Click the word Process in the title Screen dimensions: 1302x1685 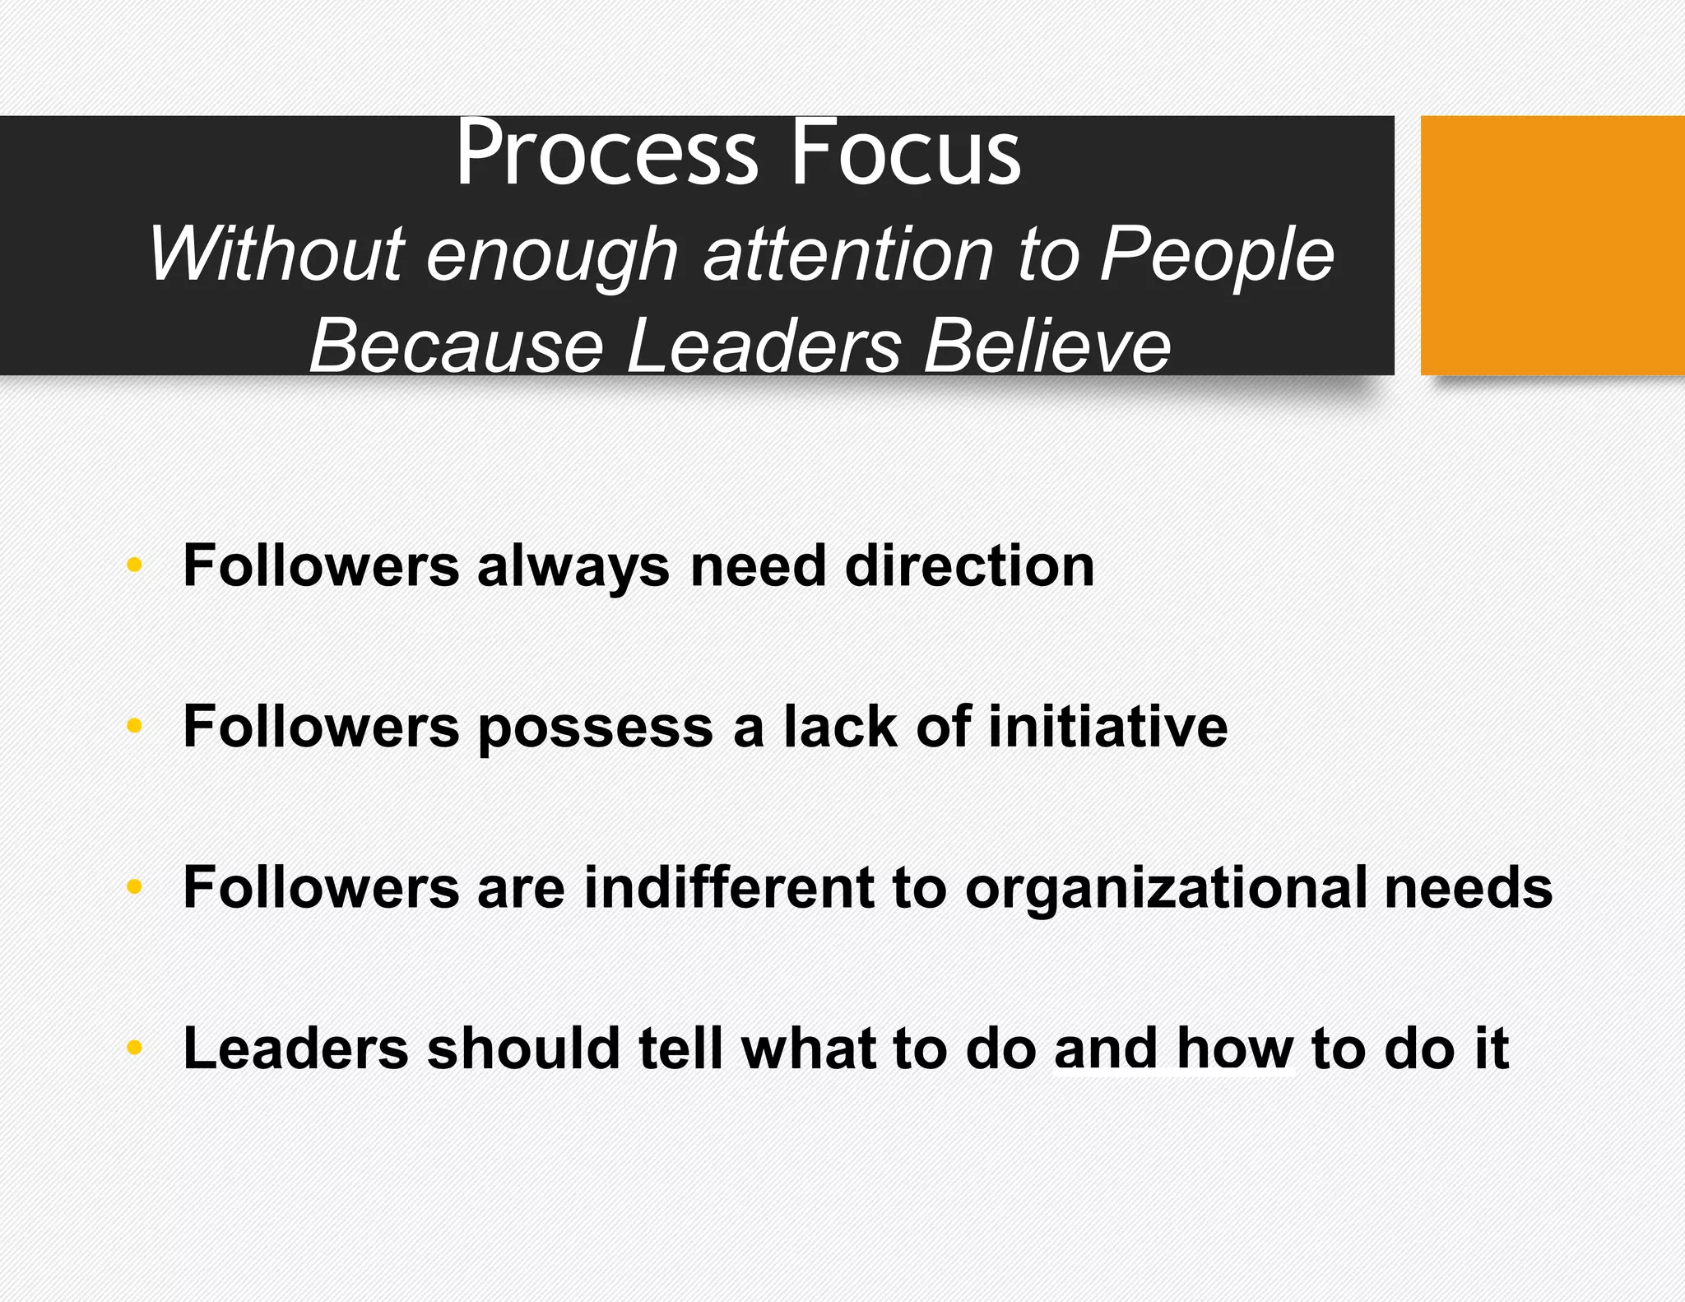(x=606, y=154)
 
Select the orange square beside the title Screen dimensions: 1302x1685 (x=1552, y=245)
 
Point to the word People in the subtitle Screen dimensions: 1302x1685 (x=1217, y=256)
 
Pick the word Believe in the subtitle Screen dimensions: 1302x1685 (x=1047, y=346)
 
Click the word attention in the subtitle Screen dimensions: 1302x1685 (x=849, y=254)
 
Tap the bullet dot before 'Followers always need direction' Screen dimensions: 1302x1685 (x=135, y=565)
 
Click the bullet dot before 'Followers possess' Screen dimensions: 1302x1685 (x=135, y=726)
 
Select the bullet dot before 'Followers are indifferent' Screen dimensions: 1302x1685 (x=135, y=887)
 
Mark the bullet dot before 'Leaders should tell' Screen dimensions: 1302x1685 (x=135, y=1048)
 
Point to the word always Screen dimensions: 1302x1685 (x=573, y=568)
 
